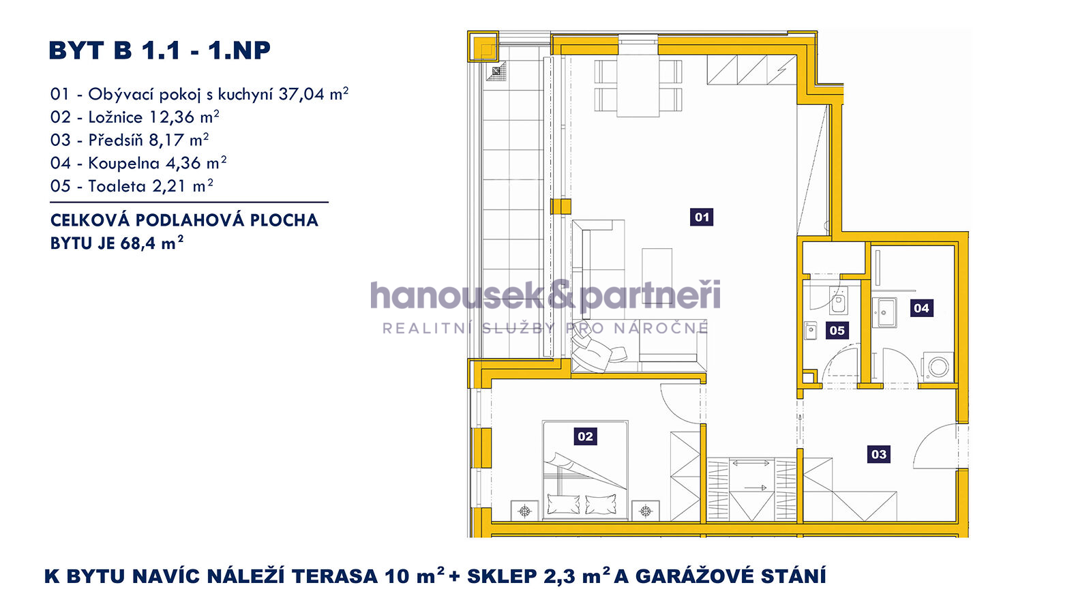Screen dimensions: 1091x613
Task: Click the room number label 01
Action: [x=702, y=217]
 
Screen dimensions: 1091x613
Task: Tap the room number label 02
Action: [x=585, y=436]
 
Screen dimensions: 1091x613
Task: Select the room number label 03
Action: [x=879, y=454]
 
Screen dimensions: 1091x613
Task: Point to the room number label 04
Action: [x=921, y=308]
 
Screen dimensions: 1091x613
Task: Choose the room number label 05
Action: [x=837, y=331]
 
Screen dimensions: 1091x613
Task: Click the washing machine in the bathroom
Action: [x=938, y=366]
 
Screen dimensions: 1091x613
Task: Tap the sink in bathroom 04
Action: [x=884, y=312]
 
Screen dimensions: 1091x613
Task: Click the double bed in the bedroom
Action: [x=585, y=470]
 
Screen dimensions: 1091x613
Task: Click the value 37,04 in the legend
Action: [x=301, y=94]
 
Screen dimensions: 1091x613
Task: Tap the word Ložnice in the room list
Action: [x=115, y=117]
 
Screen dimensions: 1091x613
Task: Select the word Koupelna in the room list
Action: [x=123, y=163]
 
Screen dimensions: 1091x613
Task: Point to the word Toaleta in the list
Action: [x=117, y=186]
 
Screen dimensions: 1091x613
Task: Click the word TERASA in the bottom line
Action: [x=335, y=576]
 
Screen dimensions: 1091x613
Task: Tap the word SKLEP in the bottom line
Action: [x=502, y=576]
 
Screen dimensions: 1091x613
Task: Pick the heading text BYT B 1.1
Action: [x=115, y=50]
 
